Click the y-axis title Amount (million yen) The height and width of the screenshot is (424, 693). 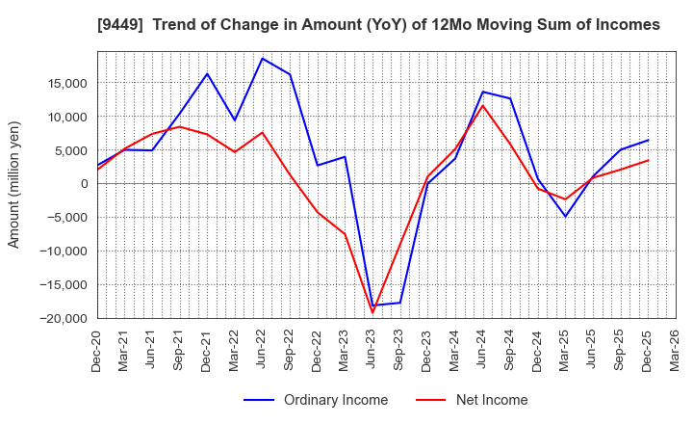tap(14, 184)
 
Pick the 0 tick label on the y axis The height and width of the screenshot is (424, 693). tap(84, 184)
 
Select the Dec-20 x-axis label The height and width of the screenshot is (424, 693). tap(97, 349)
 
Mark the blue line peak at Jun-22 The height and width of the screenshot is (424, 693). tap(262, 58)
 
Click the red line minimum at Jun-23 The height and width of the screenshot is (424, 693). tap(372, 312)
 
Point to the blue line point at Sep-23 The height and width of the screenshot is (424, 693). tap(400, 303)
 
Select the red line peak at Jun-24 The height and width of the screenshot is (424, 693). tap(483, 105)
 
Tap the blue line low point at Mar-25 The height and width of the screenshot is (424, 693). tap(566, 216)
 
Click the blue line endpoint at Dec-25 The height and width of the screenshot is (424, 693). tap(649, 140)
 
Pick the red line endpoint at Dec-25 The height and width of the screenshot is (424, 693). tap(649, 160)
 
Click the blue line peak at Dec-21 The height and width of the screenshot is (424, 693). tap(207, 73)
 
